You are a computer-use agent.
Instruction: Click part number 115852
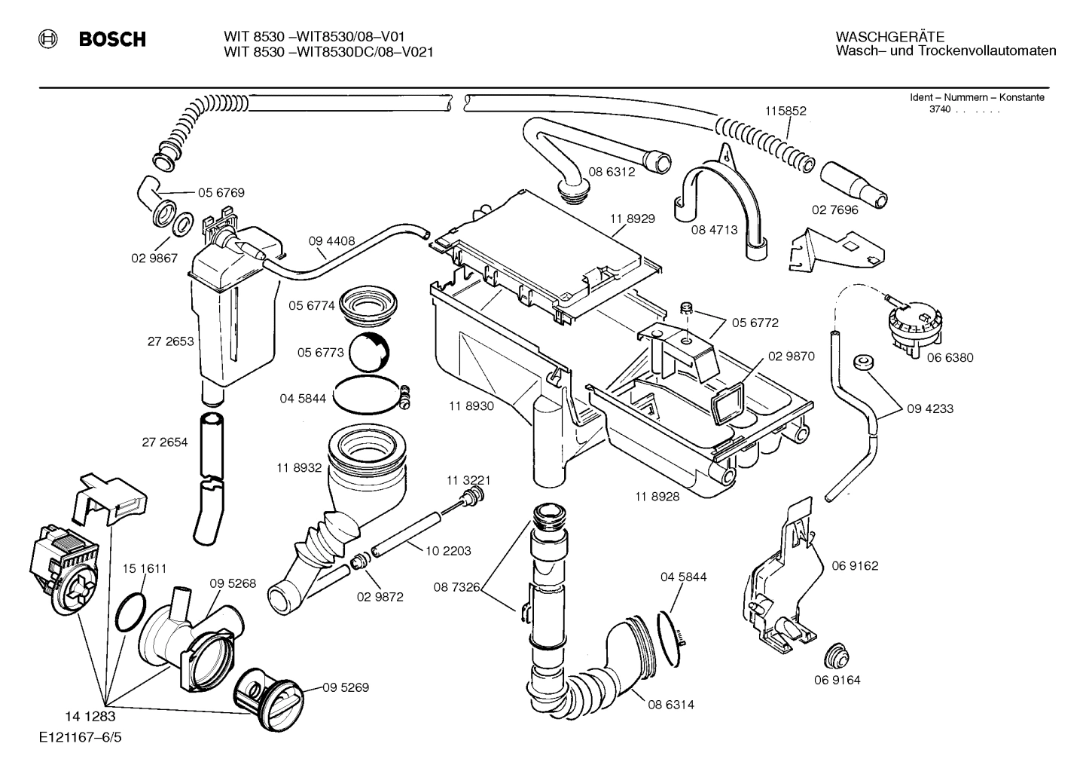click(786, 111)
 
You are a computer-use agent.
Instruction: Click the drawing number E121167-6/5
click(80, 737)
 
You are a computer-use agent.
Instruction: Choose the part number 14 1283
click(91, 717)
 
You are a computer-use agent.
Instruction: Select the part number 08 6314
click(670, 705)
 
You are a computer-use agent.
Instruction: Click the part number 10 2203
click(448, 551)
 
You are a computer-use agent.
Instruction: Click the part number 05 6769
click(221, 193)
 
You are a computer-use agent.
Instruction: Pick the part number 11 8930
click(471, 406)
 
